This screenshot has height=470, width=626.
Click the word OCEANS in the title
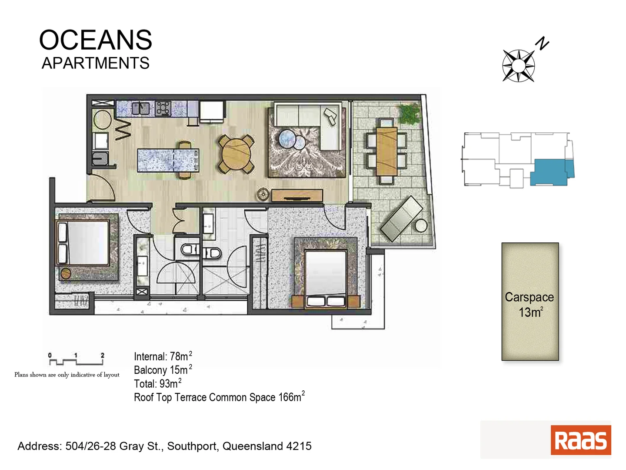[x=96, y=40]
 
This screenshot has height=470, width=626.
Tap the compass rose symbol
[x=518, y=66]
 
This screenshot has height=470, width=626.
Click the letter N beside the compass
[x=542, y=44]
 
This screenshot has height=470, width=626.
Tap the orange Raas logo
[x=580, y=440]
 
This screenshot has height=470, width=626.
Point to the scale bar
[x=77, y=359]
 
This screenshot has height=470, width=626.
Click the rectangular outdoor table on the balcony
[x=386, y=150]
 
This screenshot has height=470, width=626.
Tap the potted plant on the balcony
[x=409, y=114]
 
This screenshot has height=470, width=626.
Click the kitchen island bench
[x=168, y=160]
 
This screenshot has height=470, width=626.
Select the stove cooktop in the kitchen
[x=163, y=108]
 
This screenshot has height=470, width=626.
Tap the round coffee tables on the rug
[x=292, y=140]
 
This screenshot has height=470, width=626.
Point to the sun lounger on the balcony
[x=401, y=218]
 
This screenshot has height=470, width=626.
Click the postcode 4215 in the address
[x=299, y=446]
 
